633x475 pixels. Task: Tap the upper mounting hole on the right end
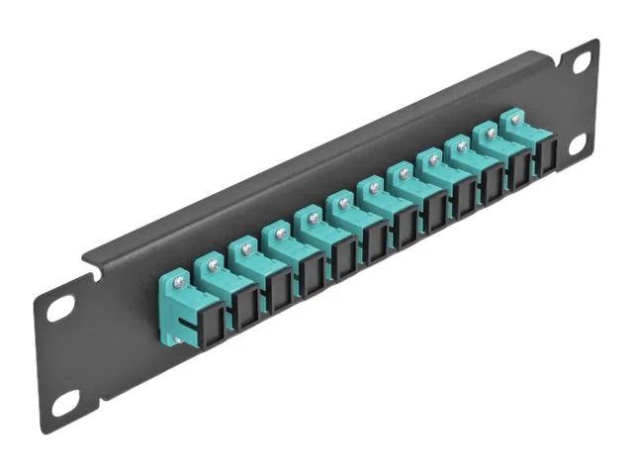tap(581, 63)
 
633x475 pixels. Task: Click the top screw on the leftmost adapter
tap(179, 283)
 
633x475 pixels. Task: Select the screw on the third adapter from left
tap(245, 249)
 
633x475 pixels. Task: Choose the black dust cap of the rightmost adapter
tap(544, 159)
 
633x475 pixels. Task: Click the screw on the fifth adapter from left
tap(312, 218)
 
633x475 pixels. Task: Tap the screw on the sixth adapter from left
tap(343, 203)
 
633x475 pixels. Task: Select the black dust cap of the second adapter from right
tap(518, 171)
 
